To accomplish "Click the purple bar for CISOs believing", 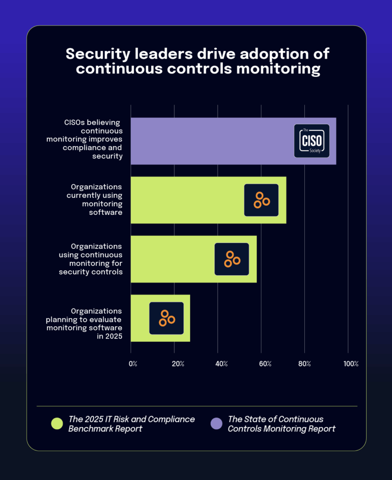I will pos(211,141).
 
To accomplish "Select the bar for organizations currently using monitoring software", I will pos(187,200).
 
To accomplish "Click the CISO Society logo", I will pos(311,141).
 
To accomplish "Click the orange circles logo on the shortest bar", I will pos(166,318).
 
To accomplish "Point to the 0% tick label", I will pos(133,364).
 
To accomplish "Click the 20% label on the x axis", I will pos(177,364).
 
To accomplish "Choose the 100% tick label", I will pos(350,364).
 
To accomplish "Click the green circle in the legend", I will pos(57,424).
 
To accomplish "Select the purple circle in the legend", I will pos(216,424).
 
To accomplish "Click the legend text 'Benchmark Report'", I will pos(105,429).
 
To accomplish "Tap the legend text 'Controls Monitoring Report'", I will pos(281,429).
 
